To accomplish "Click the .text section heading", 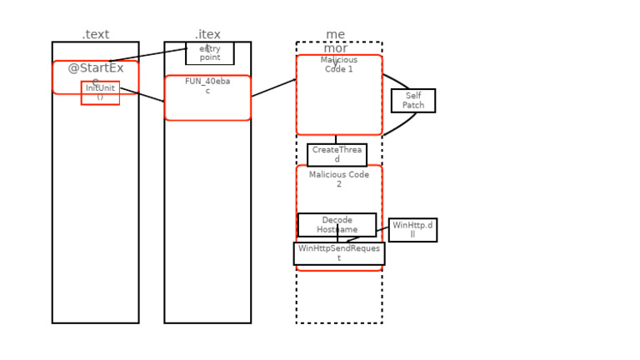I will [x=96, y=34].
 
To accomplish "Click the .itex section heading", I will [x=207, y=34].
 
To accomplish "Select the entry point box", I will [x=210, y=53].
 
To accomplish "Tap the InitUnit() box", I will [x=100, y=92].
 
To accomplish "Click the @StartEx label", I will [x=96, y=68].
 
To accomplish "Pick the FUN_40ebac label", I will [x=207, y=86].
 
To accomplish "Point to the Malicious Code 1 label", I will [x=339, y=65].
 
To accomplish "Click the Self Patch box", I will [x=413, y=101].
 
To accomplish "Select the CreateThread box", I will [x=337, y=155].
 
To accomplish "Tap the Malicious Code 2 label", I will [x=339, y=179].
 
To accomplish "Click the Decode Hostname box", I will [x=337, y=225].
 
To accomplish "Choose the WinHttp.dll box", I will [x=412, y=230].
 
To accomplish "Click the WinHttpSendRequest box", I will [x=339, y=253].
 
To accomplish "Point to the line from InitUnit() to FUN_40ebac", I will [x=142, y=95].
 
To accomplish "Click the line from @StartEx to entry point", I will [x=148, y=55].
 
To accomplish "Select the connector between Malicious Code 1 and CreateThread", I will [x=336, y=139].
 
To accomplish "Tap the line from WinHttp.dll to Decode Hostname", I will [x=382, y=229].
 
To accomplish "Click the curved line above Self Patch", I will [x=398, y=81].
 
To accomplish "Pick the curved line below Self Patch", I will [x=400, y=126].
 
